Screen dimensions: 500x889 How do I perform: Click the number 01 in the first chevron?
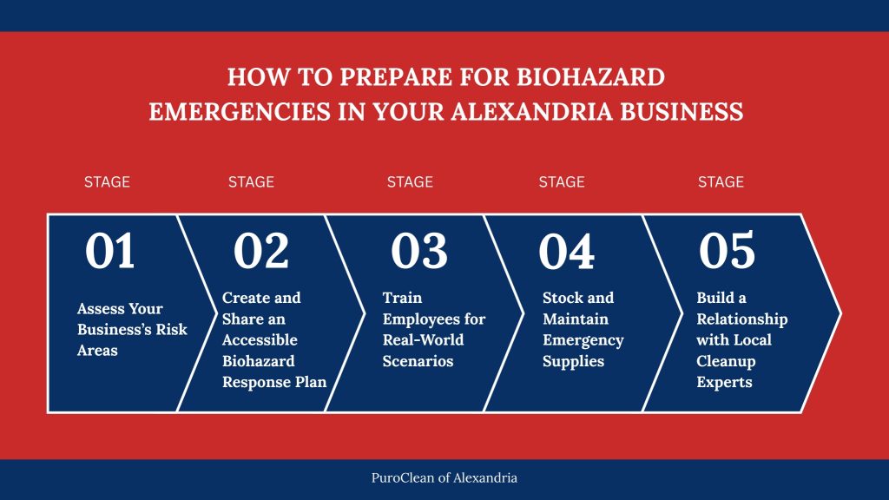pyautogui.click(x=110, y=251)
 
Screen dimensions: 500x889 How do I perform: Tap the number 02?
pyautogui.click(x=260, y=251)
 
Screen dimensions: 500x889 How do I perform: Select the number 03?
pyautogui.click(x=418, y=251)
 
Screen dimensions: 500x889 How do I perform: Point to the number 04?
pyautogui.click(x=567, y=252)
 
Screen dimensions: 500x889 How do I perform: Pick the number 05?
pyautogui.click(x=727, y=251)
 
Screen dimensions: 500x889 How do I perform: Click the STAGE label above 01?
pyautogui.click(x=107, y=182)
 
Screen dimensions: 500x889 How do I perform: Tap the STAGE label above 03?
pyautogui.click(x=410, y=182)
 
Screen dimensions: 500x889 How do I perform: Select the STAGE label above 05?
pyautogui.click(x=721, y=182)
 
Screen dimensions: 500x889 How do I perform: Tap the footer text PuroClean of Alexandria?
pyautogui.click(x=444, y=477)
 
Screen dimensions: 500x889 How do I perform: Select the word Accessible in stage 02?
pyautogui.click(x=260, y=340)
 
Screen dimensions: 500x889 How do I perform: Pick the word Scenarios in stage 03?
pyautogui.click(x=418, y=361)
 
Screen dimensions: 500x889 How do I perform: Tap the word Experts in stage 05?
pyautogui.click(x=724, y=382)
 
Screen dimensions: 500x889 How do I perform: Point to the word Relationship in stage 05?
pyautogui.click(x=742, y=319)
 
